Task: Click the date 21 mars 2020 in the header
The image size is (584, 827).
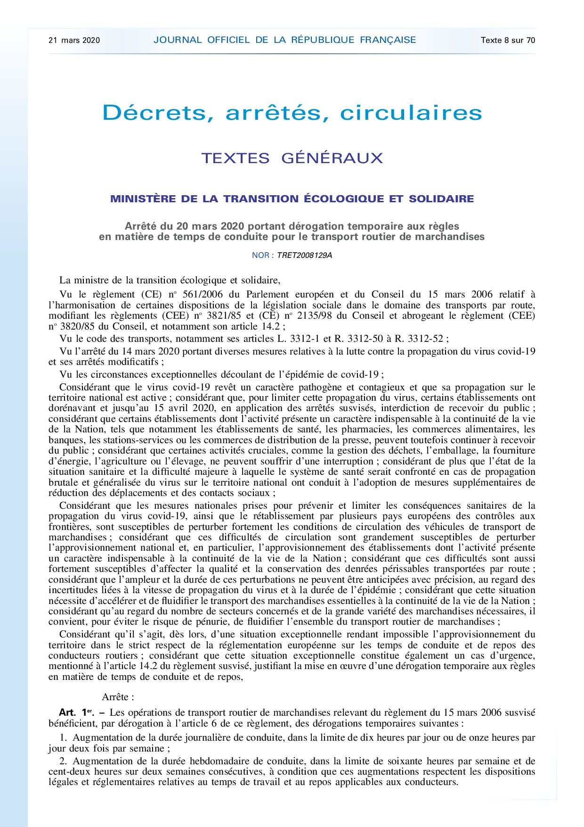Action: tap(74, 40)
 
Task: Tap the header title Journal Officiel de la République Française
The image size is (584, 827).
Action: tap(284, 40)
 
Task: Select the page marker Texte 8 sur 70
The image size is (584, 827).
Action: tap(508, 40)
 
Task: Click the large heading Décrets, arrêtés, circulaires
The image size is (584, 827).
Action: tap(292, 113)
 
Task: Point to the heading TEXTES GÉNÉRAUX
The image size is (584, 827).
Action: tap(292, 158)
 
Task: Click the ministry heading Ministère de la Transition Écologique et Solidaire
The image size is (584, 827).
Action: tap(292, 199)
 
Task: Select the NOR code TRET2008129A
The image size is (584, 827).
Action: tap(304, 256)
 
